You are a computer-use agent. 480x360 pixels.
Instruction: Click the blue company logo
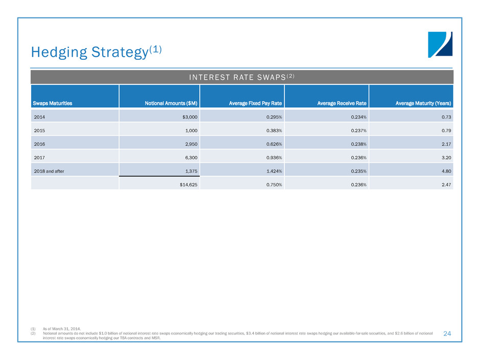[440, 45]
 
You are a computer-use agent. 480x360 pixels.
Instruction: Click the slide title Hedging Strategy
[96, 52]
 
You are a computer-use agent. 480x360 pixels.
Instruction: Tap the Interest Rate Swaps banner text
[242, 77]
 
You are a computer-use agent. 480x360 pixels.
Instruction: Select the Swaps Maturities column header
[53, 104]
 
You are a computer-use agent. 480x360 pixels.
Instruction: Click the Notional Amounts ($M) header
[171, 104]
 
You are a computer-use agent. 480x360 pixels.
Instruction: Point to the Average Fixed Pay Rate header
[255, 104]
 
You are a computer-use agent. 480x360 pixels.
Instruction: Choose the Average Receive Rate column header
[342, 104]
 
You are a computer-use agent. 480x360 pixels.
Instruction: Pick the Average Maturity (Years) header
[423, 104]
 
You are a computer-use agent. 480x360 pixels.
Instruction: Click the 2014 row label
[39, 117]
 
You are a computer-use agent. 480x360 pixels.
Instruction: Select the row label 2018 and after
[49, 171]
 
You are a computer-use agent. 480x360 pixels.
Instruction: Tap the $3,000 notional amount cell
[190, 117]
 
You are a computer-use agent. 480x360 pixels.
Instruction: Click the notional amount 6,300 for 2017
[191, 158]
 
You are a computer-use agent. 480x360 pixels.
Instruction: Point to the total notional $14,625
[188, 184]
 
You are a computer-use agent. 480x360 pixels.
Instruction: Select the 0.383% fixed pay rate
[274, 130]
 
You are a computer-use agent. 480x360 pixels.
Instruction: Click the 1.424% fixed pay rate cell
[274, 171]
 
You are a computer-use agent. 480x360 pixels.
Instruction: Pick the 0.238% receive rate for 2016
[358, 144]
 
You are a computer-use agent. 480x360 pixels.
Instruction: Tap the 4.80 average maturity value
[446, 171]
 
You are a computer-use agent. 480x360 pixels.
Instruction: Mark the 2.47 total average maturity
[446, 184]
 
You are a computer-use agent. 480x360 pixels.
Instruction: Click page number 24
[447, 333]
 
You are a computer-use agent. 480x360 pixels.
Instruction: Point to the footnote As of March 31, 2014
[62, 329]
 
